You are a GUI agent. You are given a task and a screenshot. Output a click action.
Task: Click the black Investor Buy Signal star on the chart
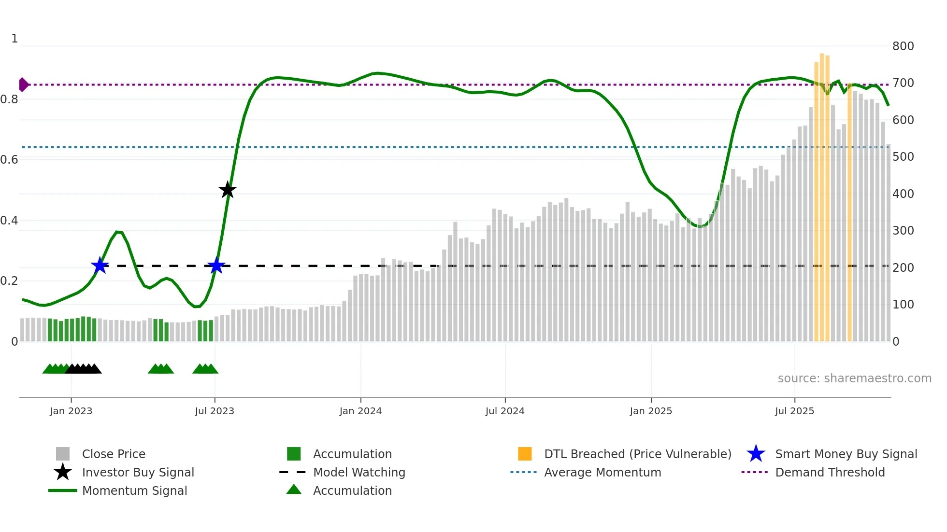pos(228,190)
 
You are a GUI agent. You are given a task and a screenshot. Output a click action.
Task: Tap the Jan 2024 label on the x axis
pos(360,411)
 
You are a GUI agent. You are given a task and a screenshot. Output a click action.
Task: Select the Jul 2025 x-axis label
pos(794,411)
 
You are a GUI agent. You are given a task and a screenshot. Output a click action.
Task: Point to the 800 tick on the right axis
pos(903,46)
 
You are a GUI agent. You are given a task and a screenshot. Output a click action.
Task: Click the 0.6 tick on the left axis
pos(9,160)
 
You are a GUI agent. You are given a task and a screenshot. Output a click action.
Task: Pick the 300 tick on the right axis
pos(903,231)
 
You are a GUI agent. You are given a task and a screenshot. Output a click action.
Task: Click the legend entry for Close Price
pos(114,454)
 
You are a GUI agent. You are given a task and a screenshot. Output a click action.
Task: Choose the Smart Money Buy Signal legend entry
pos(846,454)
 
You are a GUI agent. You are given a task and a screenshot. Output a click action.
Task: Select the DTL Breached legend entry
pos(637,454)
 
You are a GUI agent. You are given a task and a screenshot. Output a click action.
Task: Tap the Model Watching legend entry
pos(359,472)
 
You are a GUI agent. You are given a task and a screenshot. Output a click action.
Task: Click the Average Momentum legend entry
pos(603,472)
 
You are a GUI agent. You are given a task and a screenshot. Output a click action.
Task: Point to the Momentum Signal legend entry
pos(134,490)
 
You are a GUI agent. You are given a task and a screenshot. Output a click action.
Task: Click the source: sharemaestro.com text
pos(854,378)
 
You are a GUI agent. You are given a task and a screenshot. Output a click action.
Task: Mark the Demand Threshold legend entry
pos(830,472)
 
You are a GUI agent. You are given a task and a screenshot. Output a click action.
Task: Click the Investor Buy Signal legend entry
pos(138,472)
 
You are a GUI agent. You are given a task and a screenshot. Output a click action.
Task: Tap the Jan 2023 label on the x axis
pos(71,411)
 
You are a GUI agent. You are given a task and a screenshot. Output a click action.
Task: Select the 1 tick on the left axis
pos(14,39)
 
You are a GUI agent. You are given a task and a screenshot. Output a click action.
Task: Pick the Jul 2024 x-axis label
pos(505,411)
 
